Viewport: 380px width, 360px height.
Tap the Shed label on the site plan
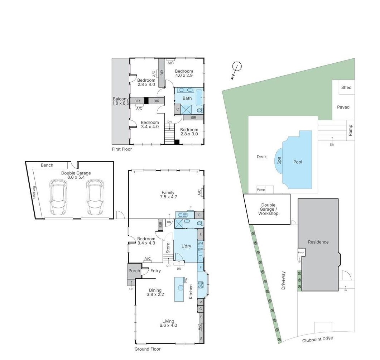click(346, 87)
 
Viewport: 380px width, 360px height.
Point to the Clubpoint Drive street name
click(317, 339)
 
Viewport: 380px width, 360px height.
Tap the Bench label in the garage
click(47, 165)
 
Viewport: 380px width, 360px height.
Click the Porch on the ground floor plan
click(134, 271)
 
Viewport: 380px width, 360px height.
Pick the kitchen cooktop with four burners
click(201, 285)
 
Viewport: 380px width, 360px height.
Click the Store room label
click(168, 248)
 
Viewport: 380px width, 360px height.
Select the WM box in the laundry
click(200, 244)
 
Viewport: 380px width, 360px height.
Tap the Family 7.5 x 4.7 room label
click(169, 195)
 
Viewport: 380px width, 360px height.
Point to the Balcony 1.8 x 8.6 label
click(120, 101)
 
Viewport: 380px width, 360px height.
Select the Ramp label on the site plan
click(350, 130)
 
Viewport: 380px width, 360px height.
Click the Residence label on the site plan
click(318, 242)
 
